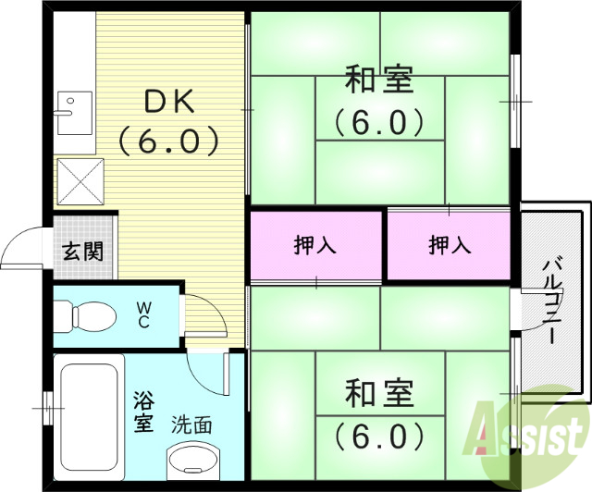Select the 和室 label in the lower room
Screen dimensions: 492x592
378,394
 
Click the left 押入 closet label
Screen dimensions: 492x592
315,245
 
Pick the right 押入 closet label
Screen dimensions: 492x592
450,245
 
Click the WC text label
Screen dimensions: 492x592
145,315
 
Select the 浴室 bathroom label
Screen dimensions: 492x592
142,412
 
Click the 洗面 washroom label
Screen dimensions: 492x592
191,425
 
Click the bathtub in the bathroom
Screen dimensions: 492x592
89,416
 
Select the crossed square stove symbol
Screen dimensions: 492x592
80,179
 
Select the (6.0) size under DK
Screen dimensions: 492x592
168,141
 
